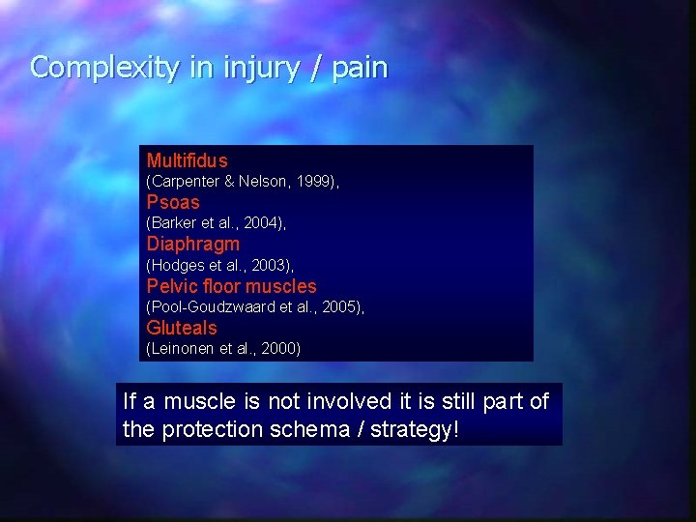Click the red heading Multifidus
coord(188,160)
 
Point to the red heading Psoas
coord(173,202)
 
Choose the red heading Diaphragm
coord(192,245)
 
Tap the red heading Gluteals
coord(182,328)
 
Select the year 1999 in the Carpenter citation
coord(313,182)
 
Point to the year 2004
coord(261,223)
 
